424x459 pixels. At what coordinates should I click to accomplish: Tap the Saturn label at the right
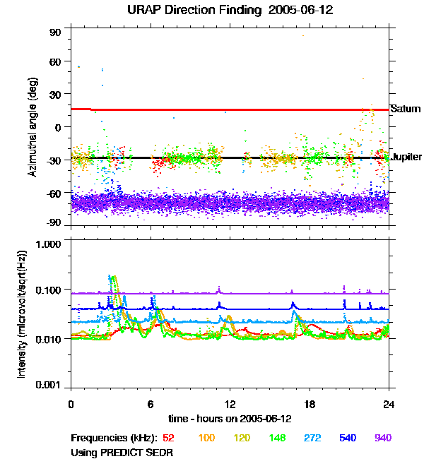pyautogui.click(x=406, y=109)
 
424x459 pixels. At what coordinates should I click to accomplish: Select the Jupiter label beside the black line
pyautogui.click(x=407, y=157)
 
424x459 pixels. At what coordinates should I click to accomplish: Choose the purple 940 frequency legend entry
pyautogui.click(x=382, y=439)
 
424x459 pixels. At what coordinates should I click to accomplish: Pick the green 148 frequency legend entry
pyautogui.click(x=277, y=439)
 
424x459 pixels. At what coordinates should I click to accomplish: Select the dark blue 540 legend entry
pyautogui.click(x=347, y=439)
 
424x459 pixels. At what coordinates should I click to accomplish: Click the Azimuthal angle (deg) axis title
pyautogui.click(x=33, y=127)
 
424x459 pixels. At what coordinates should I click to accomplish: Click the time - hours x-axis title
pyautogui.click(x=229, y=419)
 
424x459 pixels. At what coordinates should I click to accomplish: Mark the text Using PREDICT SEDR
pyautogui.click(x=122, y=451)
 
